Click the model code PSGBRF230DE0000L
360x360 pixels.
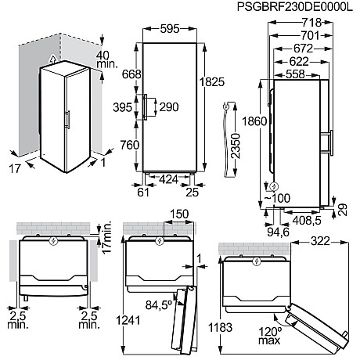[295, 7]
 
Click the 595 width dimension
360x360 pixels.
[170, 29]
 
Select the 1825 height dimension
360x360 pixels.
[212, 82]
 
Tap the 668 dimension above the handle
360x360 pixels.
[131, 74]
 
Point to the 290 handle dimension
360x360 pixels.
[169, 107]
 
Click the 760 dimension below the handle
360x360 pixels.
[130, 145]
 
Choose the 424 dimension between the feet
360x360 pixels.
[168, 179]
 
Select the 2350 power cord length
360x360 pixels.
[236, 146]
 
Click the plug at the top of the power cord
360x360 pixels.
[225, 106]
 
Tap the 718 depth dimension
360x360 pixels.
[311, 23]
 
